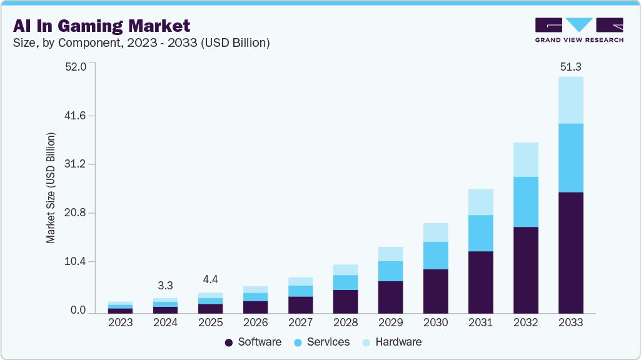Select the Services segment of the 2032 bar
point(525,201)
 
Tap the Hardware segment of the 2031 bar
point(480,202)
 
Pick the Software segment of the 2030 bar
point(435,291)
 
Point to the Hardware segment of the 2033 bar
point(570,100)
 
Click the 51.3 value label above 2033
point(570,66)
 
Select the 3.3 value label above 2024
point(165,286)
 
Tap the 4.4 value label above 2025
point(210,279)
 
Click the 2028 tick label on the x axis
point(345,323)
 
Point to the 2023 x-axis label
point(120,323)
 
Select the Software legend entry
point(253,342)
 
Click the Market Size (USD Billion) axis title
point(51,187)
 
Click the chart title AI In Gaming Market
point(101,26)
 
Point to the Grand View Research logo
point(578,29)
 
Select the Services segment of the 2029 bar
point(390,271)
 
